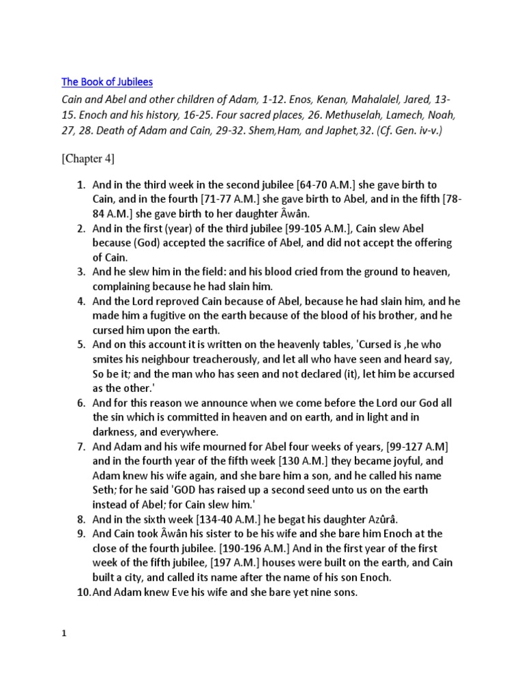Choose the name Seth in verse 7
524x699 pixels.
(104, 490)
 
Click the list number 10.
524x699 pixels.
(82, 593)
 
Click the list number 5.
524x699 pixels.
(80, 344)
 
